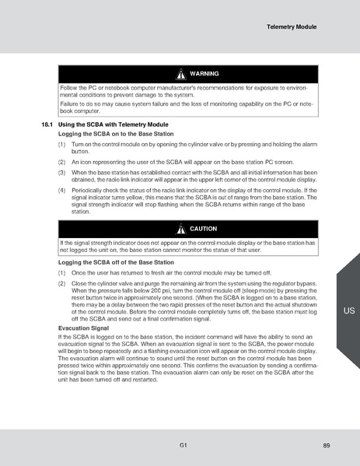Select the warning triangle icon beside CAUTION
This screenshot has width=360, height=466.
pos(181,229)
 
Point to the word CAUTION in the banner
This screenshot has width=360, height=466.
pos(204,229)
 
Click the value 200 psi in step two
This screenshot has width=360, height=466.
pos(151,291)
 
